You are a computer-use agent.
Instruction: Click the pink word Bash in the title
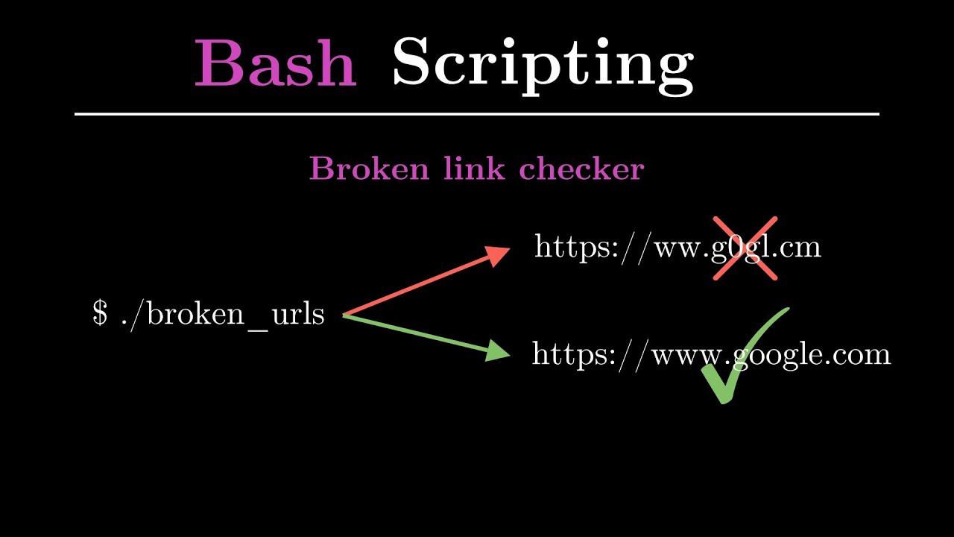coord(276,63)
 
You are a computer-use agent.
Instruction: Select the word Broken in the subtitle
coord(369,169)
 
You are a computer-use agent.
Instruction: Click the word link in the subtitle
coord(474,168)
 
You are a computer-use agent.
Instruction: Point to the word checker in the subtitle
coord(582,168)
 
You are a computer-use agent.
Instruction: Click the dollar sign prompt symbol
coord(100,313)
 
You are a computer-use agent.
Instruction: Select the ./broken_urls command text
coord(223,315)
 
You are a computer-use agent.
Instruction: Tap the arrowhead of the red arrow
coord(497,255)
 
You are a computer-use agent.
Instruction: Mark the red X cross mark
coord(745,248)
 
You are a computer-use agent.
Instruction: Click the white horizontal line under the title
coord(477,114)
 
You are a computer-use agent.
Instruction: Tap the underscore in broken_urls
coord(257,330)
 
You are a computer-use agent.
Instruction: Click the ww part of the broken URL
coord(678,249)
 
